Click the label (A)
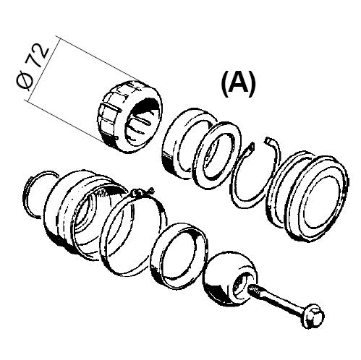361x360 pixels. point(238,84)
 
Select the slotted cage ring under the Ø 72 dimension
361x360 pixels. point(129,116)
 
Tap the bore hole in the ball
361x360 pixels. point(241,283)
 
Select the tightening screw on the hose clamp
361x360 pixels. point(142,192)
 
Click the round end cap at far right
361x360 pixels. point(313,197)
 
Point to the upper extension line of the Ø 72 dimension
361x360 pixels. point(98,59)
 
